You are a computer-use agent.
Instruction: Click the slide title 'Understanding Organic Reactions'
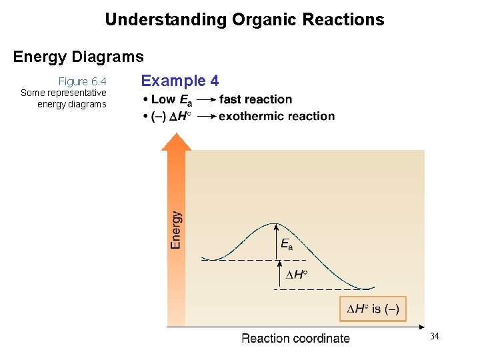point(244,19)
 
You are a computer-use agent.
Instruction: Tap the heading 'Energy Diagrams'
point(78,57)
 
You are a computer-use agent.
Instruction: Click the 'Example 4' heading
point(179,81)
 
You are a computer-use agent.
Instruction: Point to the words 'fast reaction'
point(255,99)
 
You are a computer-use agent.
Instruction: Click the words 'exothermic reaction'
point(277,116)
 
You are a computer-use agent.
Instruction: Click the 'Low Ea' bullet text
point(171,99)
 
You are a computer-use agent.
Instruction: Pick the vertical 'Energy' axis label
point(176,230)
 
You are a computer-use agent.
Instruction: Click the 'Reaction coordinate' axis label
point(295,338)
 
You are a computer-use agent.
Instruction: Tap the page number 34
point(434,336)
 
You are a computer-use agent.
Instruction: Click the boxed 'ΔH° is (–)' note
point(373,309)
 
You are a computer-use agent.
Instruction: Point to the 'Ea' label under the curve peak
point(286,245)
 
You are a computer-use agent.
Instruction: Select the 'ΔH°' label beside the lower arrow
point(297,275)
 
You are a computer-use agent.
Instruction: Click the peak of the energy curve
point(274,223)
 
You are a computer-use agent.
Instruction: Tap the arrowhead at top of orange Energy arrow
point(176,141)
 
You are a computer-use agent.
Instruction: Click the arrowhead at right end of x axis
point(421,327)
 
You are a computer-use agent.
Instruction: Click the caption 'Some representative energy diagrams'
point(63,99)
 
